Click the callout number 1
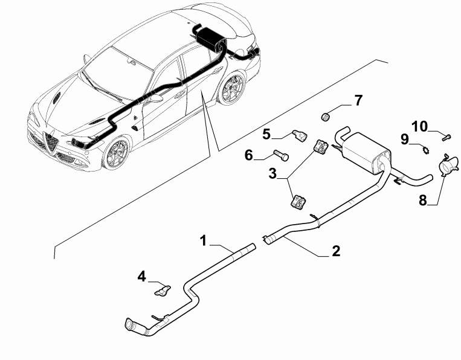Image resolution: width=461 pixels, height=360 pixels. pyautogui.click(x=203, y=240)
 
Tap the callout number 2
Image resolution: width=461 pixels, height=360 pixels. pyautogui.click(x=336, y=251)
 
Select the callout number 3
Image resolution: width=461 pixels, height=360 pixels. pyautogui.click(x=272, y=173)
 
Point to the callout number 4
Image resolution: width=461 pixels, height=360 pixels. pyautogui.click(x=142, y=277)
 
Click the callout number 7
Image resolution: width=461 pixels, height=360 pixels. pyautogui.click(x=358, y=100)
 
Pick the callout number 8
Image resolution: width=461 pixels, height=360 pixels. pyautogui.click(x=422, y=201)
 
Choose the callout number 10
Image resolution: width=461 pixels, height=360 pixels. pyautogui.click(x=419, y=127)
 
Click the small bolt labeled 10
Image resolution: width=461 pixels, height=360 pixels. pyautogui.click(x=446, y=137)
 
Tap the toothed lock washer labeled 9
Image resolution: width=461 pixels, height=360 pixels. pyautogui.click(x=424, y=150)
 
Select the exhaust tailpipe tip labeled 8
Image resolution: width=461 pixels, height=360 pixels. pyautogui.click(x=448, y=166)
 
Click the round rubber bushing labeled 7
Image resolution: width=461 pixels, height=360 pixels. pyautogui.click(x=325, y=117)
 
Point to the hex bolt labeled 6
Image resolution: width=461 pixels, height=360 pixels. pyautogui.click(x=282, y=155)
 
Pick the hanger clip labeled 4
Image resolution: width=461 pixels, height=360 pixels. pyautogui.click(x=163, y=291)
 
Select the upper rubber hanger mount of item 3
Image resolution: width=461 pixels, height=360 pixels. pyautogui.click(x=321, y=147)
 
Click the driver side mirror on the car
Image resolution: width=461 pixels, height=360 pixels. pyautogui.click(x=156, y=98)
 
